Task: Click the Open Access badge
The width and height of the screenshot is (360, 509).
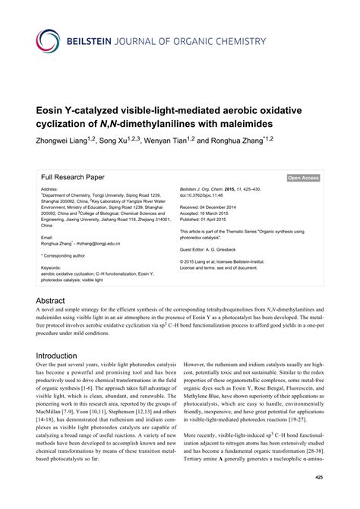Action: click(x=303, y=178)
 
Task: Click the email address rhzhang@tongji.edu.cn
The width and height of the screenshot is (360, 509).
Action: click(x=102, y=242)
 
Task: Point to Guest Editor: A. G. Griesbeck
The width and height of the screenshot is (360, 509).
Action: click(x=215, y=248)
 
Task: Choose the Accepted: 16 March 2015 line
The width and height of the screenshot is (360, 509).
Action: click(x=213, y=213)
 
